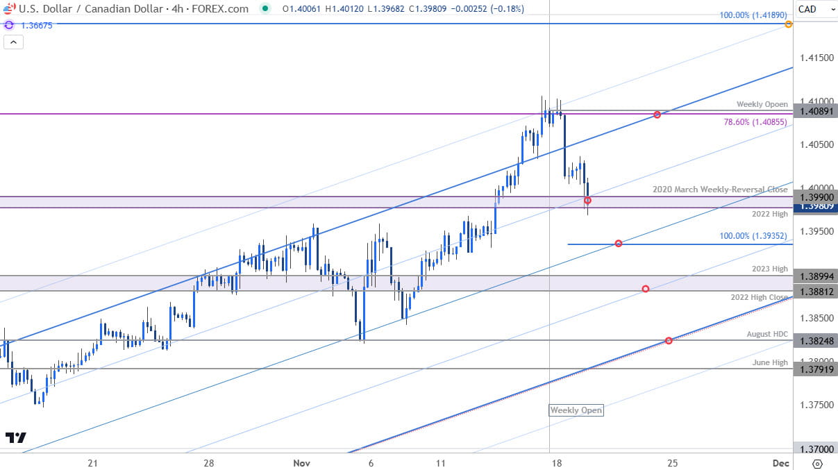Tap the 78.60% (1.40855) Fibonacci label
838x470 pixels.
(x=753, y=122)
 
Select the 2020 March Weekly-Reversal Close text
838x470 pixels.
(x=720, y=190)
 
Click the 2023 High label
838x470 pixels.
(x=770, y=269)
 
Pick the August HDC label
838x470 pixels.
(x=767, y=334)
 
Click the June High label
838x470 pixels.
(x=770, y=362)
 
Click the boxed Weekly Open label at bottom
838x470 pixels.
(x=576, y=410)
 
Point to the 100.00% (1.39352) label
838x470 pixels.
(x=753, y=235)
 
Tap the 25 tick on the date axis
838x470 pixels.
(x=672, y=462)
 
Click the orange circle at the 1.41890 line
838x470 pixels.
(x=789, y=24)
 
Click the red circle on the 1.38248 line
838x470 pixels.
(x=669, y=340)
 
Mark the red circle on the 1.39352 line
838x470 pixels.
(x=618, y=244)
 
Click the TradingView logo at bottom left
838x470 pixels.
(x=15, y=437)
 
